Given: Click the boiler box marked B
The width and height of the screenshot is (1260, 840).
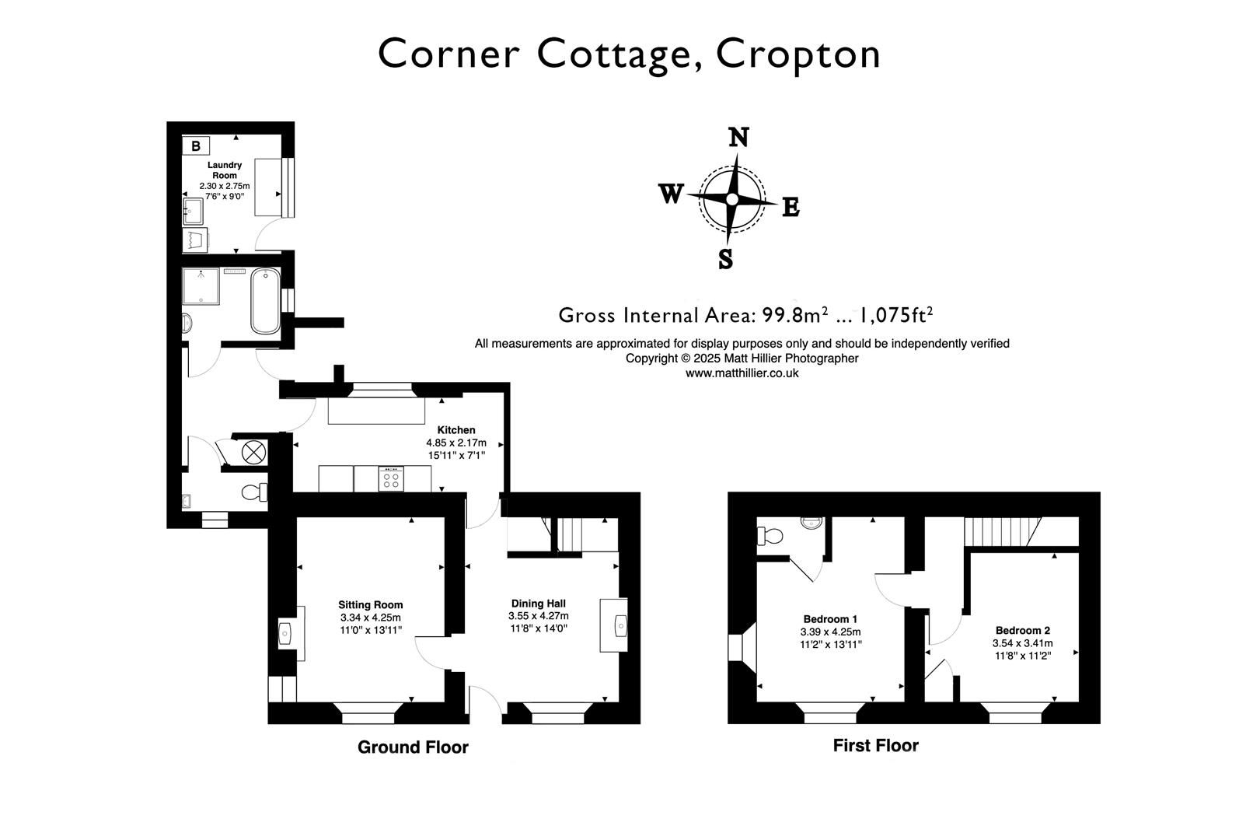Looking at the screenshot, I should (196, 145).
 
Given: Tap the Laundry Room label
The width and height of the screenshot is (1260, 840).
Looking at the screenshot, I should (225, 170).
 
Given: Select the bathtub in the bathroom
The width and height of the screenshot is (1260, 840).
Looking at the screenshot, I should (265, 300).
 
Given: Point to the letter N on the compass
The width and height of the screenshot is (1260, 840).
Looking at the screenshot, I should (738, 138).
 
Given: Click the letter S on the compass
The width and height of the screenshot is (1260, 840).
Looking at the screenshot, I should (725, 258).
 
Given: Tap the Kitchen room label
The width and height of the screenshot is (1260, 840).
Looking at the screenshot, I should (456, 430).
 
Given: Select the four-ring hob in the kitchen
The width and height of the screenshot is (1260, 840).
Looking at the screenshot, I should (392, 478).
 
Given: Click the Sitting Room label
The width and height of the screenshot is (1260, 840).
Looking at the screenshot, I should (371, 604).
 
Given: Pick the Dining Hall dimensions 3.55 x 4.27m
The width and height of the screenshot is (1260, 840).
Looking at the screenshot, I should (538, 615).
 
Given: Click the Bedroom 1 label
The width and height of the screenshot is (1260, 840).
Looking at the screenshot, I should (830, 619).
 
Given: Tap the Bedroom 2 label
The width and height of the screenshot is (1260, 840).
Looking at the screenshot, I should (1022, 631).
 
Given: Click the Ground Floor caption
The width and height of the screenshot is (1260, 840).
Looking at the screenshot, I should (413, 747).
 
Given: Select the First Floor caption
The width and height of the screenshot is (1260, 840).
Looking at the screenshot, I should (875, 746).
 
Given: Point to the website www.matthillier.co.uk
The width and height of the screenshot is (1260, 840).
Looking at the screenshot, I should (742, 373).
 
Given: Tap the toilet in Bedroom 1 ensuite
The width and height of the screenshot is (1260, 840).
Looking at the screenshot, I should (771, 536).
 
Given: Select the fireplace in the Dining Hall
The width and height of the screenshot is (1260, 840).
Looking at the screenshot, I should (614, 625).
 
